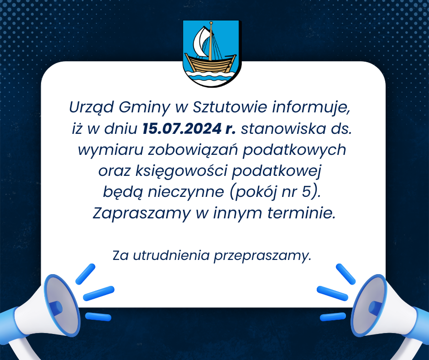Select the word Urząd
pos(91,108)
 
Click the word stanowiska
pos(283,129)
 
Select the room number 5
pos(306,192)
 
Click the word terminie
pos(301,213)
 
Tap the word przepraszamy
pos(262,256)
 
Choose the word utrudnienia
pos(171,255)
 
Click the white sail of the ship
pos(201,42)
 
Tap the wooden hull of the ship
pos(210,64)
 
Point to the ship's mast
pos(211,41)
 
